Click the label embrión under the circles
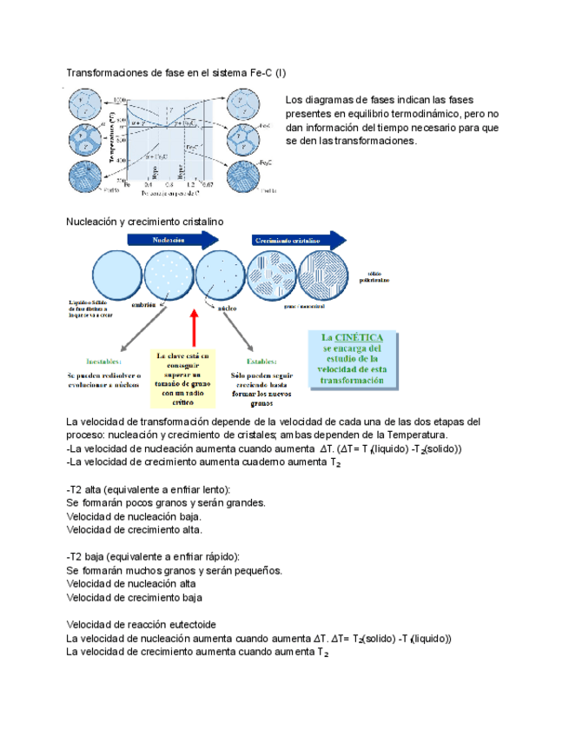pos(144,304)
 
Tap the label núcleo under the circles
pos(228,307)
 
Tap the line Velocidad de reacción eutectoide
pos(141,625)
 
